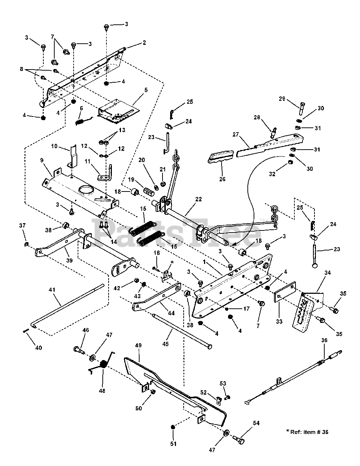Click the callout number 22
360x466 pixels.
199,199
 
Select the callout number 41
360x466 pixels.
52,289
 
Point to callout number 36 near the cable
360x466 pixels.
324,340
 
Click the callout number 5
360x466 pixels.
146,90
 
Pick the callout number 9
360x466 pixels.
42,160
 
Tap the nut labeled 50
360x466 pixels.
153,392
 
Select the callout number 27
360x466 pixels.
236,134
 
